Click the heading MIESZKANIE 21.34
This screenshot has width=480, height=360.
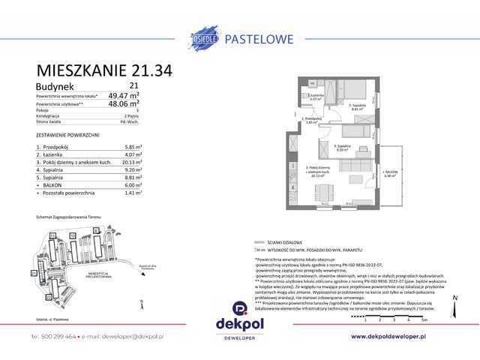click(104, 72)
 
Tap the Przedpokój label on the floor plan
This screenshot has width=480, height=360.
click(313, 120)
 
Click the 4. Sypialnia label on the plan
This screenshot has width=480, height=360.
click(344, 147)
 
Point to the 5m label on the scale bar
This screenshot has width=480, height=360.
click(425, 319)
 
